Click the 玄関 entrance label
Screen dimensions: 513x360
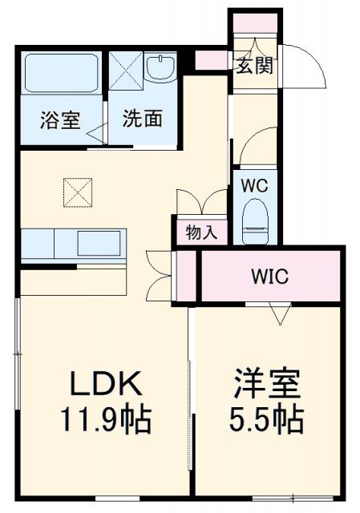click(254, 65)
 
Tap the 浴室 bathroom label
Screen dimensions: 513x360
click(60, 120)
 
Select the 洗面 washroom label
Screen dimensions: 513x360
click(143, 119)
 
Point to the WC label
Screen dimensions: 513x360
click(255, 184)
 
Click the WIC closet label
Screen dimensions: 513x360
click(270, 277)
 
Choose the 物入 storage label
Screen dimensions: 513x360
click(201, 232)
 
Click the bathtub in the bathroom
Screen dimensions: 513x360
click(61, 74)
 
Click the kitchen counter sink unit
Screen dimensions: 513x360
click(73, 244)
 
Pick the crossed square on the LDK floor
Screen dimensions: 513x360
click(77, 191)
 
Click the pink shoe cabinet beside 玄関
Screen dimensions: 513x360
click(212, 60)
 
